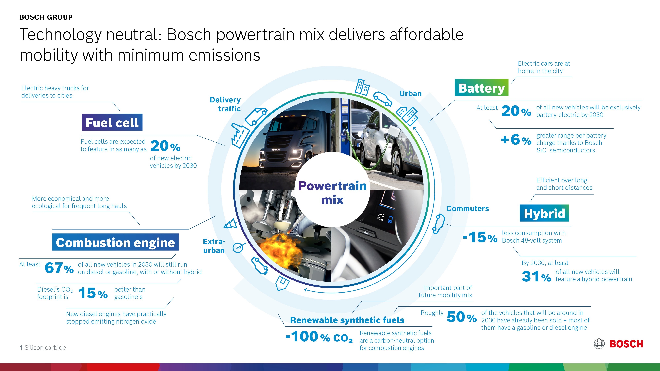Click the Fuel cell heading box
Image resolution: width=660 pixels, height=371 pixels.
coord(112,122)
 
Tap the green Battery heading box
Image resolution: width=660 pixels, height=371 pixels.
coord(481,88)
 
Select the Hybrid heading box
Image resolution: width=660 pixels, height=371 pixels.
coord(544,213)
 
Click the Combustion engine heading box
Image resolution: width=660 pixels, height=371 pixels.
coord(115,242)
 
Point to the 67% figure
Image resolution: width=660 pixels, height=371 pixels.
coord(59,268)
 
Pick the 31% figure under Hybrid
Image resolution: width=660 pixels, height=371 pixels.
coord(536,276)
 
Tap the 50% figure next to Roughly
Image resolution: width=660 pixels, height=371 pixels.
coord(462,317)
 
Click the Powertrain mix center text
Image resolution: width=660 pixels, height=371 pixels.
coord(332,193)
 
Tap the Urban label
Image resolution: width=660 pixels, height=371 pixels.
coord(411,94)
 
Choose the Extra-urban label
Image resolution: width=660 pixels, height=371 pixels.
coord(214,246)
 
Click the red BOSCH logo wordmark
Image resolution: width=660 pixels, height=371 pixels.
coord(626,344)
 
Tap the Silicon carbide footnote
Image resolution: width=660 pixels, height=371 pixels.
coord(43,347)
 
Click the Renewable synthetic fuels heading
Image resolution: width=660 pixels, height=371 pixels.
coord(347,320)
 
